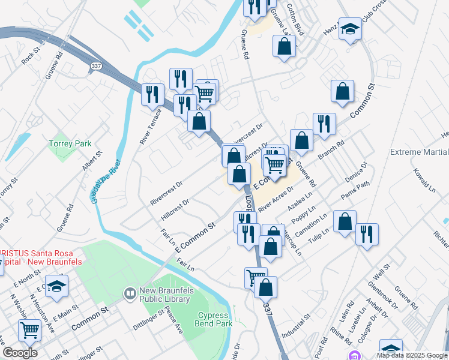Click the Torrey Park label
coord(70,144)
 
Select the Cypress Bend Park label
coord(213,319)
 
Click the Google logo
coord(20,353)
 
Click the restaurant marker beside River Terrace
coord(152,94)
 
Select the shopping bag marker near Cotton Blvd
coord(284,46)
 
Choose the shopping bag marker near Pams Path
coord(345,221)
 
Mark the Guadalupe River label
coord(107,181)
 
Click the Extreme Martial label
coord(419,152)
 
